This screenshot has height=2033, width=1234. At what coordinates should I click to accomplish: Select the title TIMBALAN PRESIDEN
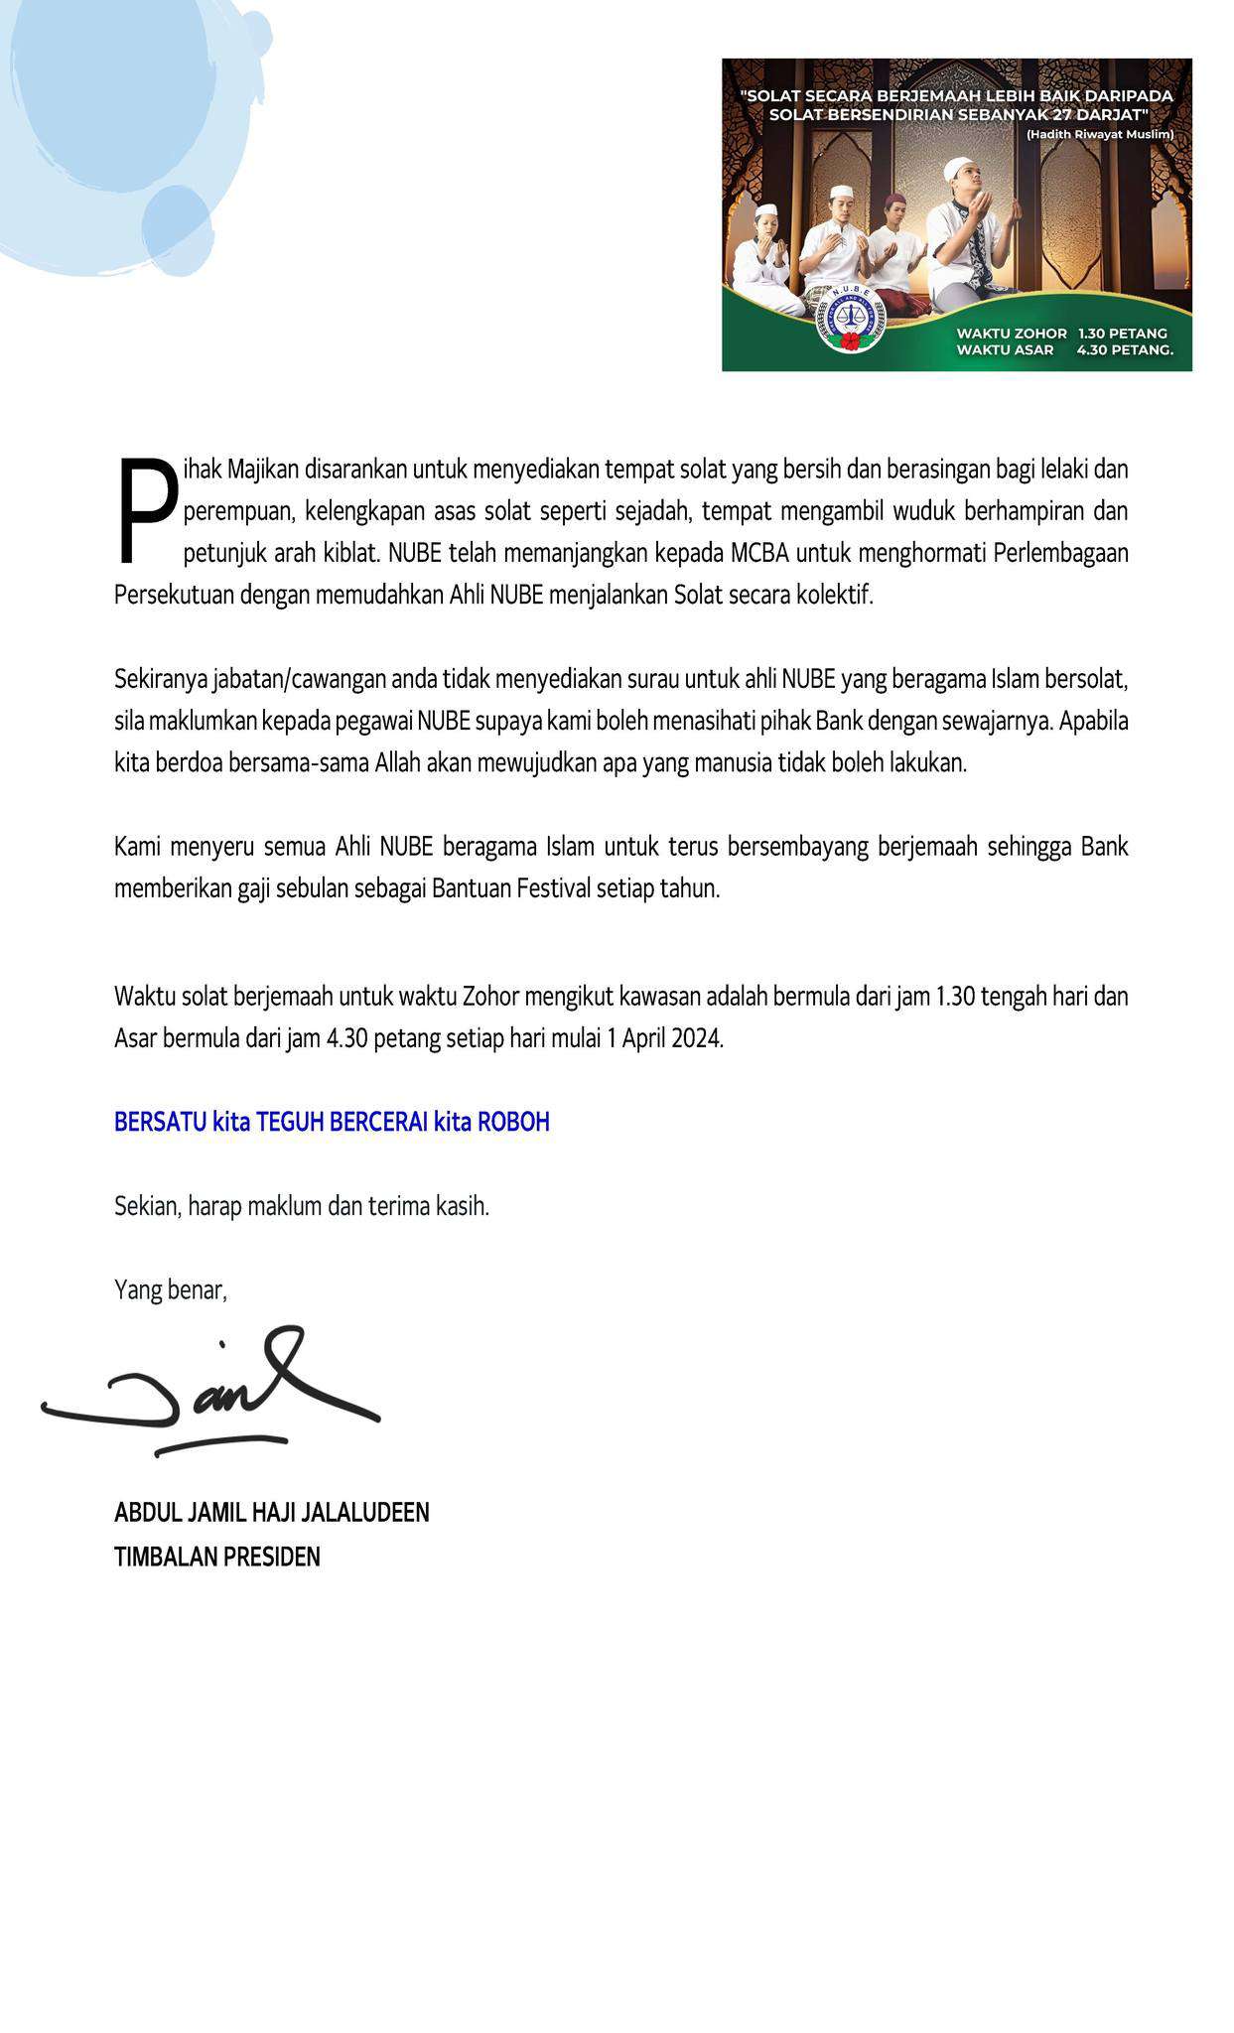point(217,1557)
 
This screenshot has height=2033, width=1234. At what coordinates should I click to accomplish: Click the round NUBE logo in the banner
point(850,317)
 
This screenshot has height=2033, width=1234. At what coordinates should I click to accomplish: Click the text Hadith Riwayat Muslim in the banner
point(1100,134)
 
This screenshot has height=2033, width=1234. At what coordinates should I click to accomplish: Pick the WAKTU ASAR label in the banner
point(1005,349)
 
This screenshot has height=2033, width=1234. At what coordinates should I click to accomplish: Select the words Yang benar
point(171,1289)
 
